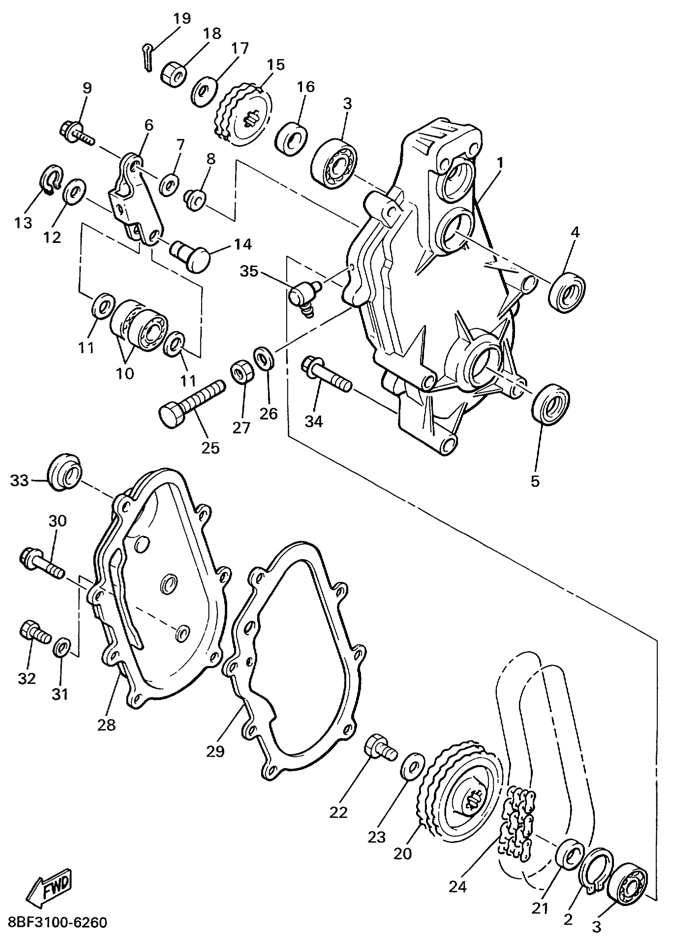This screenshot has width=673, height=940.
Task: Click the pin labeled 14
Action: pos(191,254)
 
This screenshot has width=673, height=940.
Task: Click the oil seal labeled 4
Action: pos(567,292)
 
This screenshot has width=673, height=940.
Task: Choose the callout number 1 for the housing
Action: pos(500,163)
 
